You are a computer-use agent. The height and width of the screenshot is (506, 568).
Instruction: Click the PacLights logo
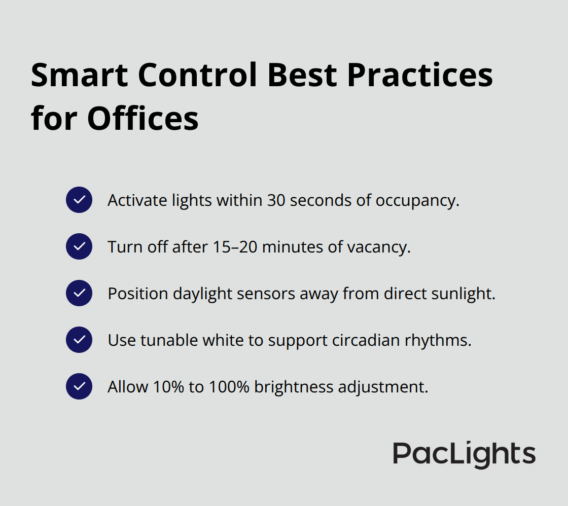[x=464, y=454]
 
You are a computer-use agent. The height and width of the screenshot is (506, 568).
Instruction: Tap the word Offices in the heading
[x=143, y=120]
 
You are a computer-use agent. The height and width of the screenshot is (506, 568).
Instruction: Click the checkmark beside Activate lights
[x=79, y=200]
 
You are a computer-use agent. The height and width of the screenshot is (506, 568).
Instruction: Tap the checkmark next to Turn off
[x=79, y=246]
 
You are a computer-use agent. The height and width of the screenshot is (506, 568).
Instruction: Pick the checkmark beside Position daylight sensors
[x=79, y=293]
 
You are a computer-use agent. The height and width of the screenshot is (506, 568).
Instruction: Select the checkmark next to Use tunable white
[x=79, y=340]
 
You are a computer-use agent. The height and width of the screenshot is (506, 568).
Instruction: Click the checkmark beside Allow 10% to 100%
[x=79, y=386]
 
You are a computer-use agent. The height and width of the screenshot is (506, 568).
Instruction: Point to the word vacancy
[x=378, y=247]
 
